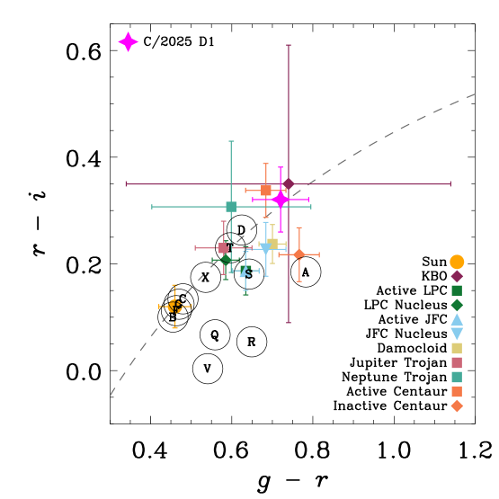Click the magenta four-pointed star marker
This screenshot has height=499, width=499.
128,42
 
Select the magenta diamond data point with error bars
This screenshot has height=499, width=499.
281,200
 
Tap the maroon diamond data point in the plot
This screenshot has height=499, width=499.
289,184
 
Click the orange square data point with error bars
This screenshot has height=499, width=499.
266,190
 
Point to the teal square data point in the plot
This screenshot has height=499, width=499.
231,207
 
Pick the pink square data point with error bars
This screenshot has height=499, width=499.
224,248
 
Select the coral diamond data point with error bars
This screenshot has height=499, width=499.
299,254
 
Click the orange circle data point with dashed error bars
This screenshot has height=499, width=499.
175,307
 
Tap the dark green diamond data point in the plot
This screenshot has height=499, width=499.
226,260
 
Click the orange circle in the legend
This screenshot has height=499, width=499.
457,262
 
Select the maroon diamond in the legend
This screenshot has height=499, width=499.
457,276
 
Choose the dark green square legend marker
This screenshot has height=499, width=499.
457,290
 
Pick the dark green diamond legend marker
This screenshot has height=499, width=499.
457,305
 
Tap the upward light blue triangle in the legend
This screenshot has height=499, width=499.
457,319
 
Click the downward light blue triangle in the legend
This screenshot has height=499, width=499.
457,334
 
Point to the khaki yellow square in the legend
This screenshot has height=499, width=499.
457,348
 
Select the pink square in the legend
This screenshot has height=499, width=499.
457,362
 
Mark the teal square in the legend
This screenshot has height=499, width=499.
457,377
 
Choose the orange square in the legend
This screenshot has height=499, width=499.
457,391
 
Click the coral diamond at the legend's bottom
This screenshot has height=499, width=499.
457,405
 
